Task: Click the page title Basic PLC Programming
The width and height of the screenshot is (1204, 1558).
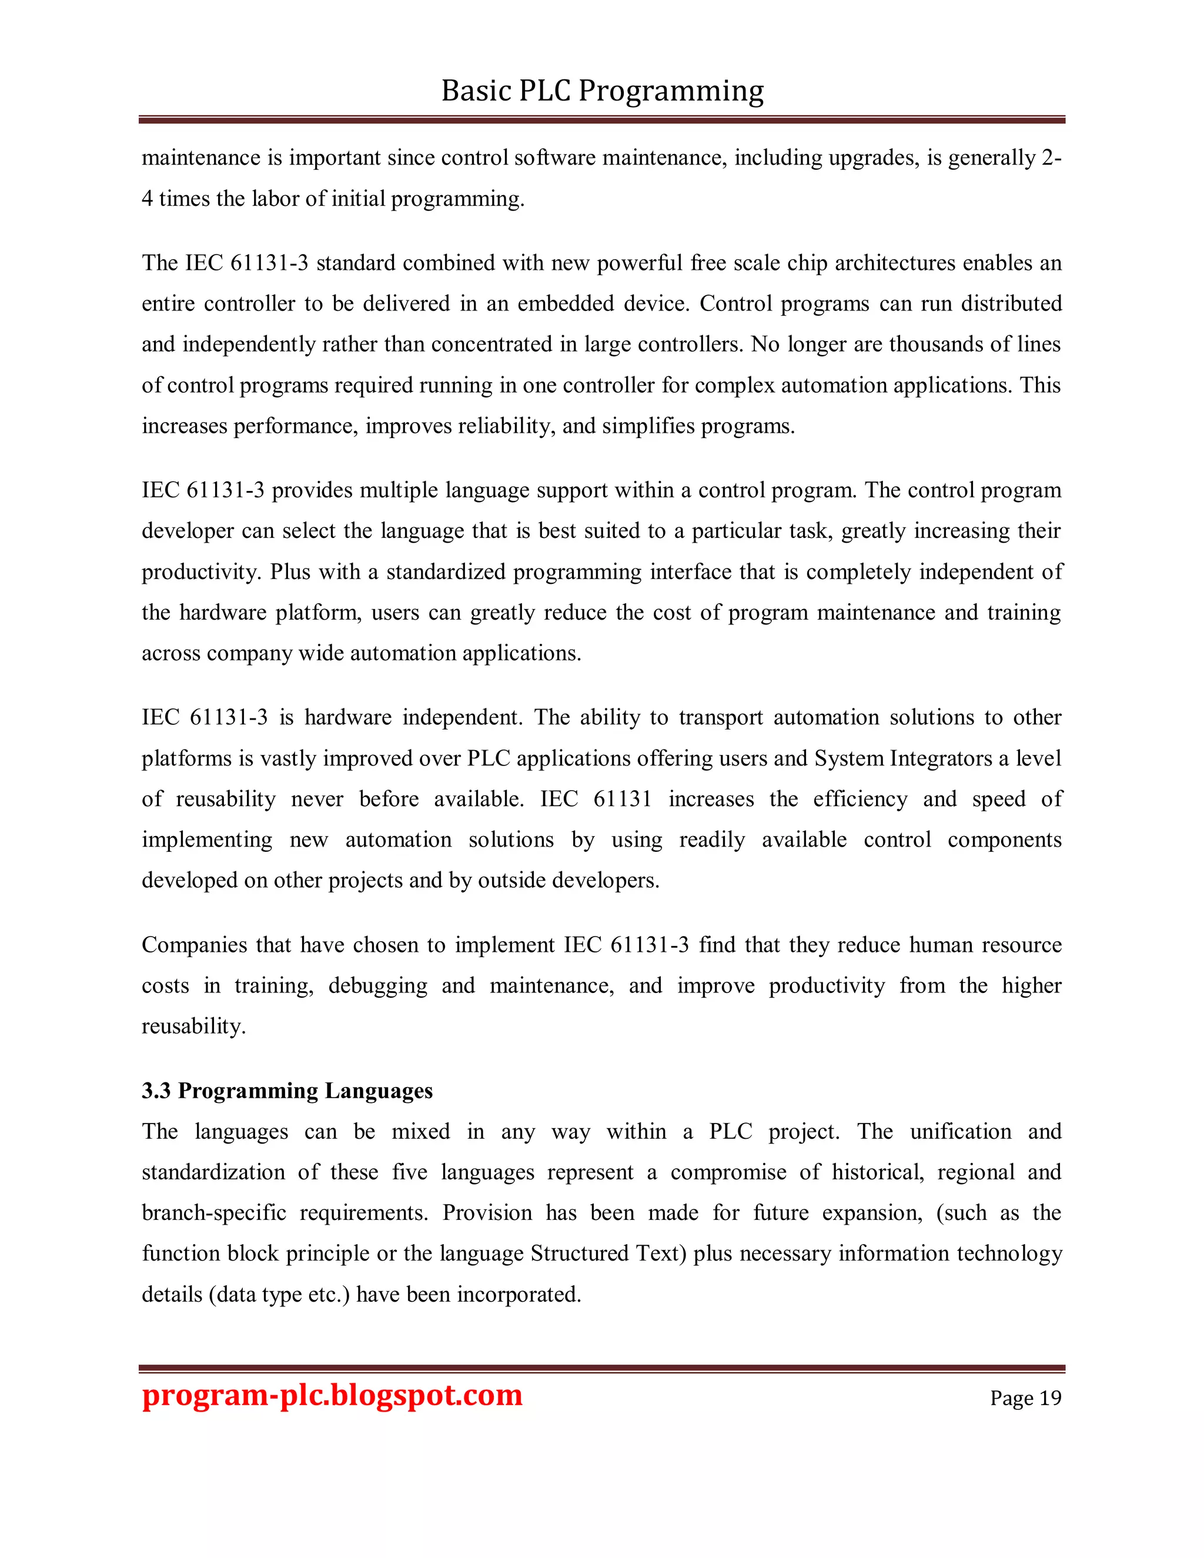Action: pyautogui.click(x=602, y=91)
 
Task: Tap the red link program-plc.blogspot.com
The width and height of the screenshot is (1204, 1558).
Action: pyautogui.click(x=332, y=1396)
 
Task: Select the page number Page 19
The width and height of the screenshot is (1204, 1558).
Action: pyautogui.click(x=1025, y=1398)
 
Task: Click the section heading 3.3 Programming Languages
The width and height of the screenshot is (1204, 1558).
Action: pyautogui.click(x=287, y=1091)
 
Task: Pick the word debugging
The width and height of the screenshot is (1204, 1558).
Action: pyautogui.click(x=377, y=985)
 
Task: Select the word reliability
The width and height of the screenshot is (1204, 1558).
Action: pyautogui.click(x=506, y=426)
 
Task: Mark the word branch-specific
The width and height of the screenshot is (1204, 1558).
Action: pyautogui.click(x=214, y=1213)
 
